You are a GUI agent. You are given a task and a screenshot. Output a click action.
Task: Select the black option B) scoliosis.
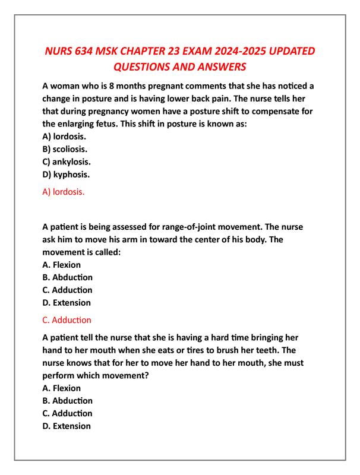coord(67,148)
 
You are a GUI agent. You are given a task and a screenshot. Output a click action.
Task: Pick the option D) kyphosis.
coord(67,175)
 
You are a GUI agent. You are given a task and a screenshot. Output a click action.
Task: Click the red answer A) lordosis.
coord(64,192)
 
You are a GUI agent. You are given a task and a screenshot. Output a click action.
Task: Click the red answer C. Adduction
coord(67,319)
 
